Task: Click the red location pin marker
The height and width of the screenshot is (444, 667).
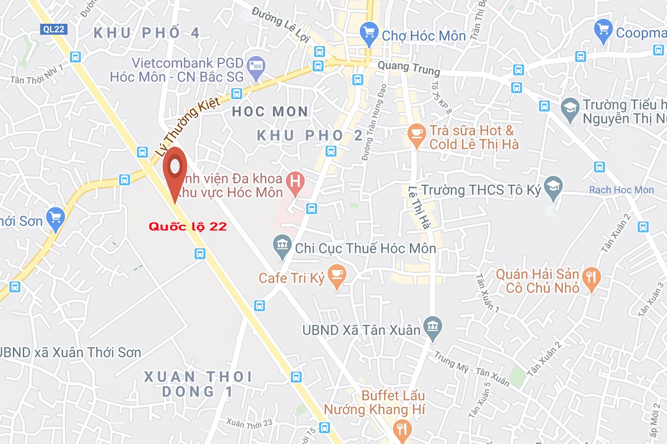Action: click(x=175, y=168)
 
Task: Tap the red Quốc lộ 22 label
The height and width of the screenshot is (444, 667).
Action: click(x=188, y=226)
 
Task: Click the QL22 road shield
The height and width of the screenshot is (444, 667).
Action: click(x=53, y=29)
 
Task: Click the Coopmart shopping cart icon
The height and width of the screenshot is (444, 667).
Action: click(x=603, y=30)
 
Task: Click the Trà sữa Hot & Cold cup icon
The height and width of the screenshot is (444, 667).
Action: click(x=416, y=134)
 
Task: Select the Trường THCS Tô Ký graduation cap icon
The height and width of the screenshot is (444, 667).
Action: click(x=553, y=187)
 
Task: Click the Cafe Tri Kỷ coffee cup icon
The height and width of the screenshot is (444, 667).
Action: click(x=337, y=275)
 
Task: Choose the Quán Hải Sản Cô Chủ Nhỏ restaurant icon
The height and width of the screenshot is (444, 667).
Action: click(x=591, y=277)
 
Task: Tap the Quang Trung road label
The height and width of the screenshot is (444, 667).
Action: click(x=408, y=68)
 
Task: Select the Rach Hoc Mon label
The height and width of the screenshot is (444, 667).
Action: click(x=621, y=190)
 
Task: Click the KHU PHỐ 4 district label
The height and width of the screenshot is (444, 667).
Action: click(x=147, y=33)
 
